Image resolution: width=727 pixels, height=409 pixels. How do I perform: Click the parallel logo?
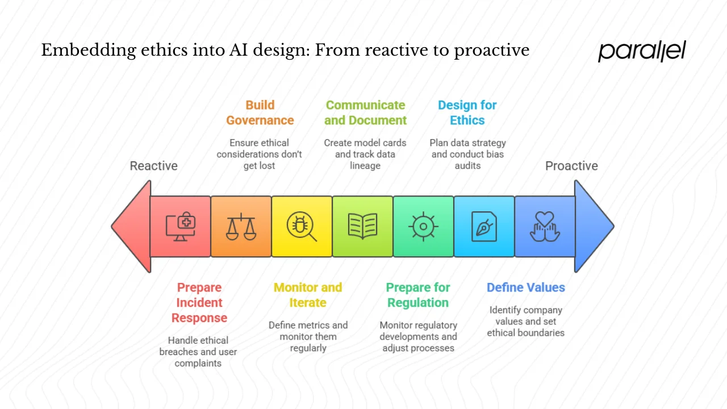point(642,51)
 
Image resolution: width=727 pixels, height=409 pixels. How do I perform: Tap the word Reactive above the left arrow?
point(153,166)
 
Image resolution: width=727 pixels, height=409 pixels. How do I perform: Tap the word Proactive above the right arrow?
point(571,166)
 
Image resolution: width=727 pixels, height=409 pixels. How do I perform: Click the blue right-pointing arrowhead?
point(592,226)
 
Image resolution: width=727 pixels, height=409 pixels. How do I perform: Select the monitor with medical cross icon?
point(181,227)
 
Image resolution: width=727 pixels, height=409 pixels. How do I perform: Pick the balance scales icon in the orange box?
point(241,227)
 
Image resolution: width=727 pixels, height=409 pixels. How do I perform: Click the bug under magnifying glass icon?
point(302,227)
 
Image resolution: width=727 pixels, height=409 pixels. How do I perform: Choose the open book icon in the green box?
point(362,227)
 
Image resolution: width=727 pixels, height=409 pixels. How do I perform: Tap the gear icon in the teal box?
point(423,227)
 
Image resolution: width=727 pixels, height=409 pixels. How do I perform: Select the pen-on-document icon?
point(484,227)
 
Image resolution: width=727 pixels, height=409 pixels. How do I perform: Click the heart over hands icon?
point(545,227)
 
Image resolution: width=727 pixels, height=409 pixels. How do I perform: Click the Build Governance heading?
point(260,112)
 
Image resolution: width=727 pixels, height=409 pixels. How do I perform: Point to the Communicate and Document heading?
point(365,112)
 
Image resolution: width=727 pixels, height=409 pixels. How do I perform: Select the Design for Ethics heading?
point(467,112)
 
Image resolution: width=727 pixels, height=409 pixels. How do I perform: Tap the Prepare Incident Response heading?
point(199,303)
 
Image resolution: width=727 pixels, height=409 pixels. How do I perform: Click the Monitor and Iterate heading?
point(308,295)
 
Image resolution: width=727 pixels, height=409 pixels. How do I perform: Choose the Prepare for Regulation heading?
point(418,295)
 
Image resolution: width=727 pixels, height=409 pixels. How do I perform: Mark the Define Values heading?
point(525,287)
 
